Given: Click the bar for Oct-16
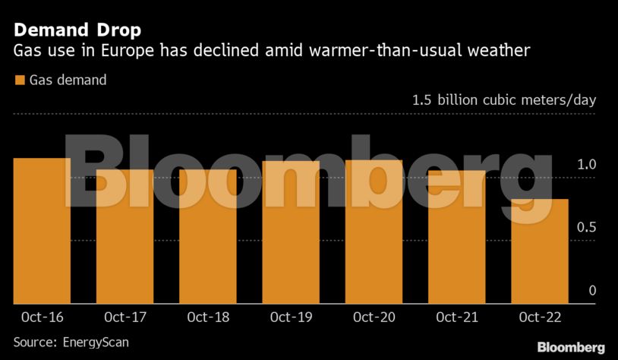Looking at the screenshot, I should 43,232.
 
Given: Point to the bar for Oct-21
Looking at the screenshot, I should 456,237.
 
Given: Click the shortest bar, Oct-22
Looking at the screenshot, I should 540,251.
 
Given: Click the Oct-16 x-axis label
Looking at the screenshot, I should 43,317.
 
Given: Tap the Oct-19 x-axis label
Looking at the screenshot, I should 291,317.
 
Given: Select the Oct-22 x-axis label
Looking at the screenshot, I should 540,317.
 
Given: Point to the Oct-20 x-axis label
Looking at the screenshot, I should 374,317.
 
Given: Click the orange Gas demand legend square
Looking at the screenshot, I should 20,80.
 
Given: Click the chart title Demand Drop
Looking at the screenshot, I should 77,31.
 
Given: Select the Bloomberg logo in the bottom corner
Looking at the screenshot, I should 571,347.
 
